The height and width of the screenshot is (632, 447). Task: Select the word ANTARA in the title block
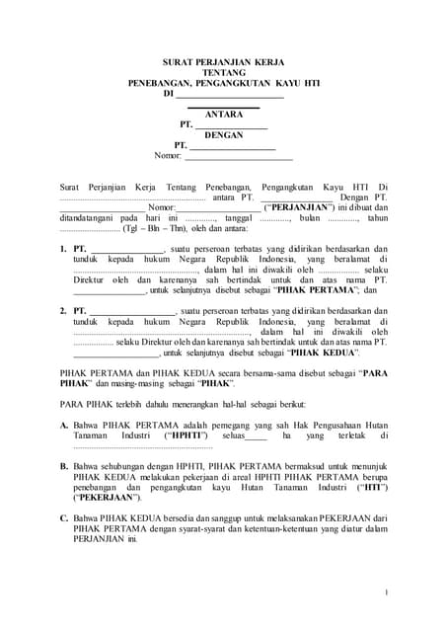(x=223, y=115)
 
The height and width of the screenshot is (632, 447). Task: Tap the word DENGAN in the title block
(x=223, y=135)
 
